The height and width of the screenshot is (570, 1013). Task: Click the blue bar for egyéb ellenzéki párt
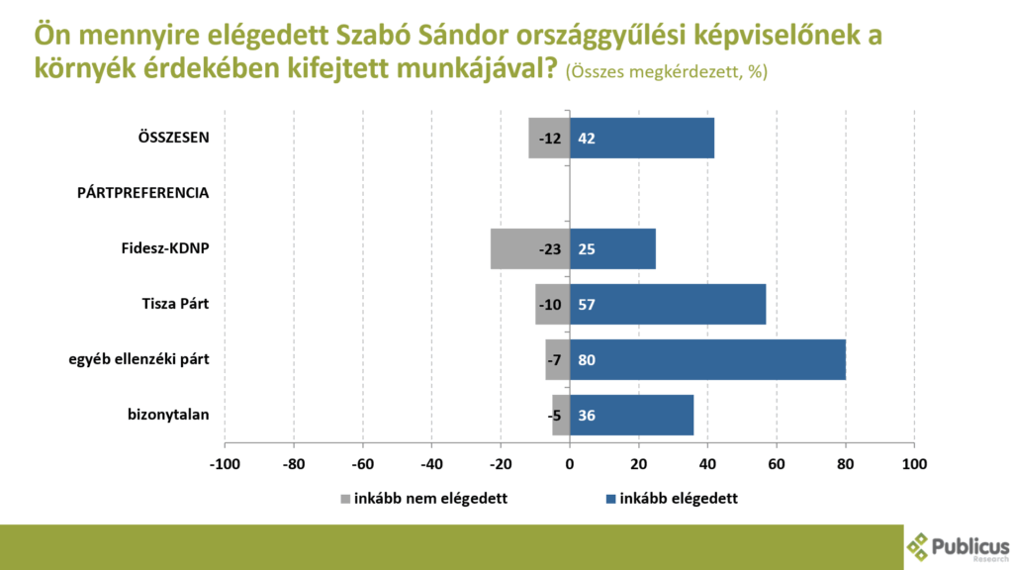707,360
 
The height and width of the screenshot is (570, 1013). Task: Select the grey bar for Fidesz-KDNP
530,248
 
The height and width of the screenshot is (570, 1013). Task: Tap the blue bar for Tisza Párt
668,305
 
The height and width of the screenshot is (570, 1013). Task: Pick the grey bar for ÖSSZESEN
549,139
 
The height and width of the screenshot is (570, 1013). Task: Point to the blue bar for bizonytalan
632,415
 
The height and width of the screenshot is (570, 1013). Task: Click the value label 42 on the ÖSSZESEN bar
587,139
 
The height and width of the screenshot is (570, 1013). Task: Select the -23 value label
550,249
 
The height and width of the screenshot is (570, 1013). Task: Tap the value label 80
587,360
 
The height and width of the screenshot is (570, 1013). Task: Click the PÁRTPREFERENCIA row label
142,193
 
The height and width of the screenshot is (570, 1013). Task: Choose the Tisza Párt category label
176,304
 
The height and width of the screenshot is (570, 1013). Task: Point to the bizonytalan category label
168,415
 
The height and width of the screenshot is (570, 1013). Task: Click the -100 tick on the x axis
225,464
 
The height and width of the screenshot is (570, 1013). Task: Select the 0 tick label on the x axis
569,464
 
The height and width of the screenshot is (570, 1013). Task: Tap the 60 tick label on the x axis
777,464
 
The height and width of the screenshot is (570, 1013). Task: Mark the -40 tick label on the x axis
431,464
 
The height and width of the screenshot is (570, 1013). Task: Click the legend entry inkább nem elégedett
423,499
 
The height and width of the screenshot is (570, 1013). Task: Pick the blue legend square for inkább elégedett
610,499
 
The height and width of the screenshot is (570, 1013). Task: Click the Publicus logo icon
917,547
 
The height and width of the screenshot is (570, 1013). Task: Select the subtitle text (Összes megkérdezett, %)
667,71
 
